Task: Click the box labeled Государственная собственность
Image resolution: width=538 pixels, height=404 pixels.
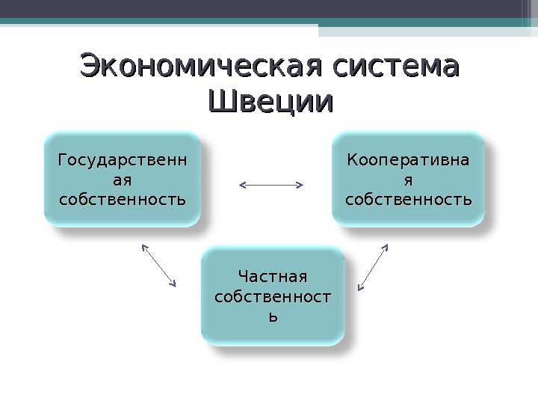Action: pos(123,180)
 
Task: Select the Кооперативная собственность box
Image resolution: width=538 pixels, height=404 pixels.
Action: pos(408,180)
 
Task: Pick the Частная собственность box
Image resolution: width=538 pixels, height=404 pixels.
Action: pos(273,296)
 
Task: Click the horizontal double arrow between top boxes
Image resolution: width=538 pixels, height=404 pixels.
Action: pos(270,183)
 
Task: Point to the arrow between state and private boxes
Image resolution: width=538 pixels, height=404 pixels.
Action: pos(158,265)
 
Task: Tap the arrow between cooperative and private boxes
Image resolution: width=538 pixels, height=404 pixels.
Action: pos(373,266)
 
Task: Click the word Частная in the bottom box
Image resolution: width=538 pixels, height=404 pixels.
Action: pos(272,278)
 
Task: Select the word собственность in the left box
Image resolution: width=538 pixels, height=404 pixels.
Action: pos(123,200)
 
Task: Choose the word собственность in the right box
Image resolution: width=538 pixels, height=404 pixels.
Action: pos(408,200)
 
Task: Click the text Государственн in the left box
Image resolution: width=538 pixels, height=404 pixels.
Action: pos(123,159)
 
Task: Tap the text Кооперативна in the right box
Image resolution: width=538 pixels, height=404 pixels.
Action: pos(408,159)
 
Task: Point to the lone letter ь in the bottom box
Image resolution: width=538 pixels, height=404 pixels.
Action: pos(273,316)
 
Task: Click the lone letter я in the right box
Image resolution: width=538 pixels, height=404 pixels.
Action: pos(409,180)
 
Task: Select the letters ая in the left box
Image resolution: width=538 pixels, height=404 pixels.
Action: pos(123,180)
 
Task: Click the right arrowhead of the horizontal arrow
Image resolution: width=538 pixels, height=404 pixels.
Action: pos(300,183)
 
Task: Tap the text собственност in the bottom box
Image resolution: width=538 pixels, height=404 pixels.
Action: pos(273,297)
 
